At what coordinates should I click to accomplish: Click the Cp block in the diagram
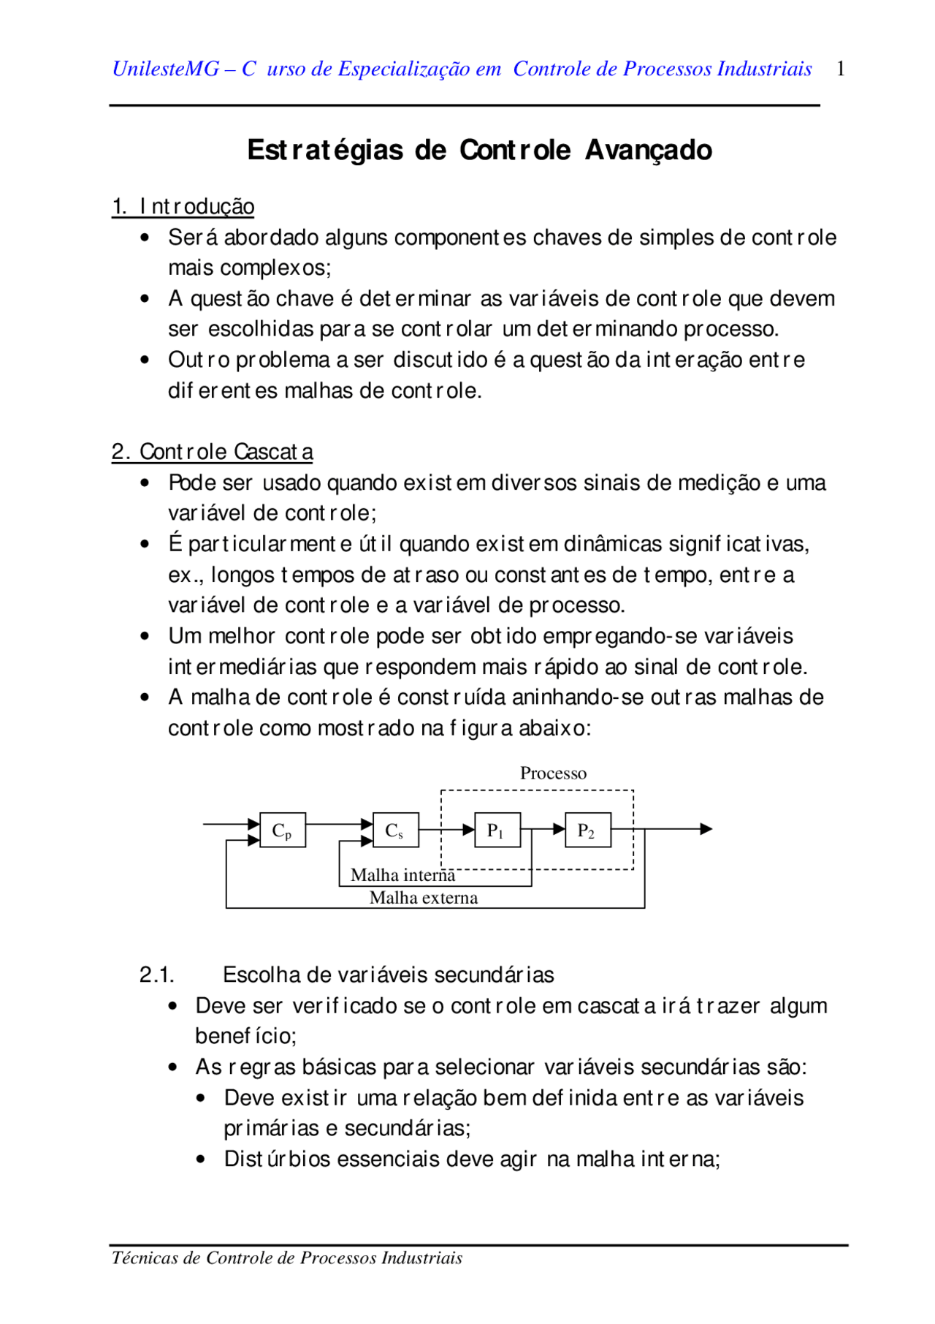pyautogui.click(x=283, y=830)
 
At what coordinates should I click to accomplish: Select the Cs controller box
pyautogui.click(x=395, y=830)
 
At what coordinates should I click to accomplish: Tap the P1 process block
pyautogui.click(x=497, y=830)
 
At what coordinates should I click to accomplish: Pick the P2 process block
pyautogui.click(x=587, y=830)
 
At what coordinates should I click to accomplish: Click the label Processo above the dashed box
pyautogui.click(x=553, y=773)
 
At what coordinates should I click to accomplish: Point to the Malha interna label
pyautogui.click(x=402, y=875)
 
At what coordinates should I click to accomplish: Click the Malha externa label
pyautogui.click(x=424, y=898)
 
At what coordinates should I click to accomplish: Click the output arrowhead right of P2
pyautogui.click(x=706, y=829)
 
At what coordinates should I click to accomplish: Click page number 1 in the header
pyautogui.click(x=841, y=69)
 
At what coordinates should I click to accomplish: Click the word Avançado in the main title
pyautogui.click(x=649, y=150)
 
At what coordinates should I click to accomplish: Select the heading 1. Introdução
pyautogui.click(x=183, y=207)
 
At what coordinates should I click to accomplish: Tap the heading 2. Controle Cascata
pyautogui.click(x=213, y=452)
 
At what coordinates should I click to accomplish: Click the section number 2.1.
pyautogui.click(x=156, y=975)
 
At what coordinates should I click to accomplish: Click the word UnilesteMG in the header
pyautogui.click(x=166, y=69)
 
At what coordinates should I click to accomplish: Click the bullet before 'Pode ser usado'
pyautogui.click(x=145, y=483)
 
